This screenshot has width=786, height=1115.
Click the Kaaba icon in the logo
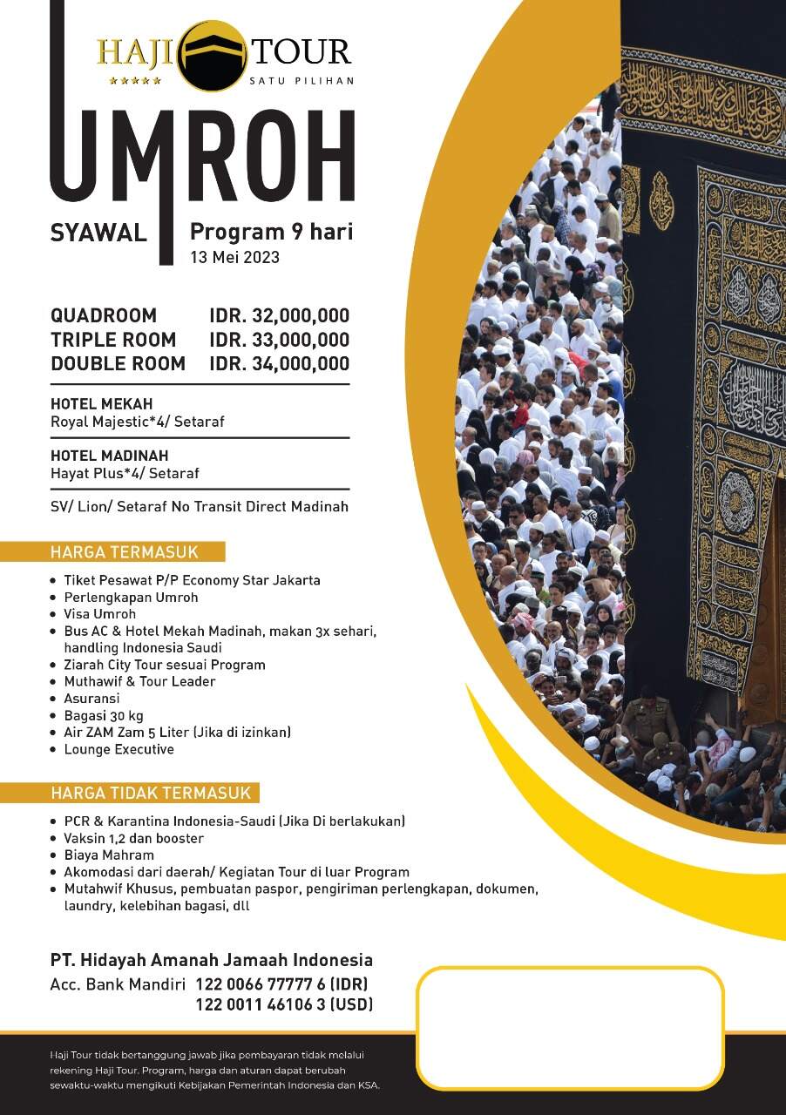213,55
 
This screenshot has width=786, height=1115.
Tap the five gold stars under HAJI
135,81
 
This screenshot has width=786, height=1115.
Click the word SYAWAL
98,233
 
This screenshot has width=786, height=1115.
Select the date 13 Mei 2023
235,257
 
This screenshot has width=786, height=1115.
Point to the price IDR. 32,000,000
279,315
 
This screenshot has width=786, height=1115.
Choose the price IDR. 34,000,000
279,364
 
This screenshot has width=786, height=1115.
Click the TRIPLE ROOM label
113,340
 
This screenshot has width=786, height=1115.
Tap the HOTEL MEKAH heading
101,404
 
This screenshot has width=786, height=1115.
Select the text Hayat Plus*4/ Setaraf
125,474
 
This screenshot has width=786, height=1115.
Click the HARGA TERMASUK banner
125,552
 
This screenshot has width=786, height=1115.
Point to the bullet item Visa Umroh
99,614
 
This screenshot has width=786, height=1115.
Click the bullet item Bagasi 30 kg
103,716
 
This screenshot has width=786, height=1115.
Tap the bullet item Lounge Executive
119,749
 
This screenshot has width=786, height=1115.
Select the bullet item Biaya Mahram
109,855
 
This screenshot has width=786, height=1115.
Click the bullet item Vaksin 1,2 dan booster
133,838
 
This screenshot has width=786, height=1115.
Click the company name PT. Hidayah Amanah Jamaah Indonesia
212,960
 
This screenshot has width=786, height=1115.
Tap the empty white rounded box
570,1028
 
